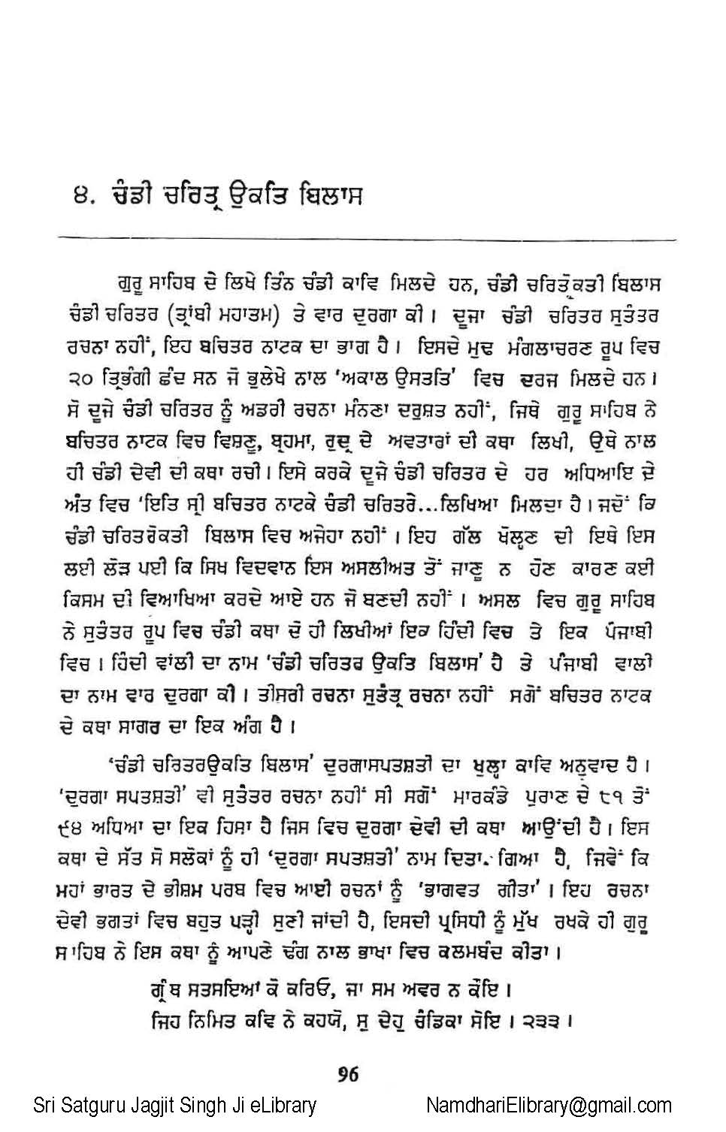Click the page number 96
pos(348,1074)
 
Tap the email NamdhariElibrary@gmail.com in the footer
pos(549,1106)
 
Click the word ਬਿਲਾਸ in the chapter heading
pos(331,196)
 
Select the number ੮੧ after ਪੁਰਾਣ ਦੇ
pos(612,798)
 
